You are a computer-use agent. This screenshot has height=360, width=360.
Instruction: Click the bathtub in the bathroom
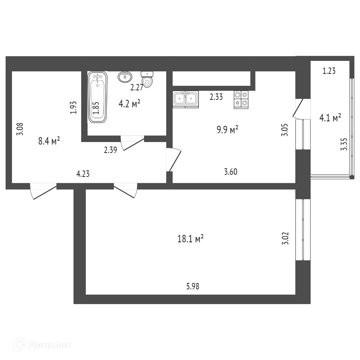(x=97, y=97)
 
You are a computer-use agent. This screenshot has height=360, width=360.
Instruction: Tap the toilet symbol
(x=148, y=78)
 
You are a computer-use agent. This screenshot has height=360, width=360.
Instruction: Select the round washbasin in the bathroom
(x=125, y=76)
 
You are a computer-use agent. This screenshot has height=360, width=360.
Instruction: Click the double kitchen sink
(x=186, y=99)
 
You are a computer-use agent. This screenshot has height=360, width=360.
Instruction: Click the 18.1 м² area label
(x=191, y=239)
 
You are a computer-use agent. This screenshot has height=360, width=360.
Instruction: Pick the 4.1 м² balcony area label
(x=330, y=118)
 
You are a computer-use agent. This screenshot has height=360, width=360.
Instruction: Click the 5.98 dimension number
(x=193, y=287)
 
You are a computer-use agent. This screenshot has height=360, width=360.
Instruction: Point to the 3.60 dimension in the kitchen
(x=231, y=172)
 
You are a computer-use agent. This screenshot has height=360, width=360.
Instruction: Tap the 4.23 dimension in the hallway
(x=83, y=173)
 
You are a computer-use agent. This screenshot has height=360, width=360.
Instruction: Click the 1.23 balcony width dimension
(x=329, y=71)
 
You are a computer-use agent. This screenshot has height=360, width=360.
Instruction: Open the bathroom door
(x=133, y=143)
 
